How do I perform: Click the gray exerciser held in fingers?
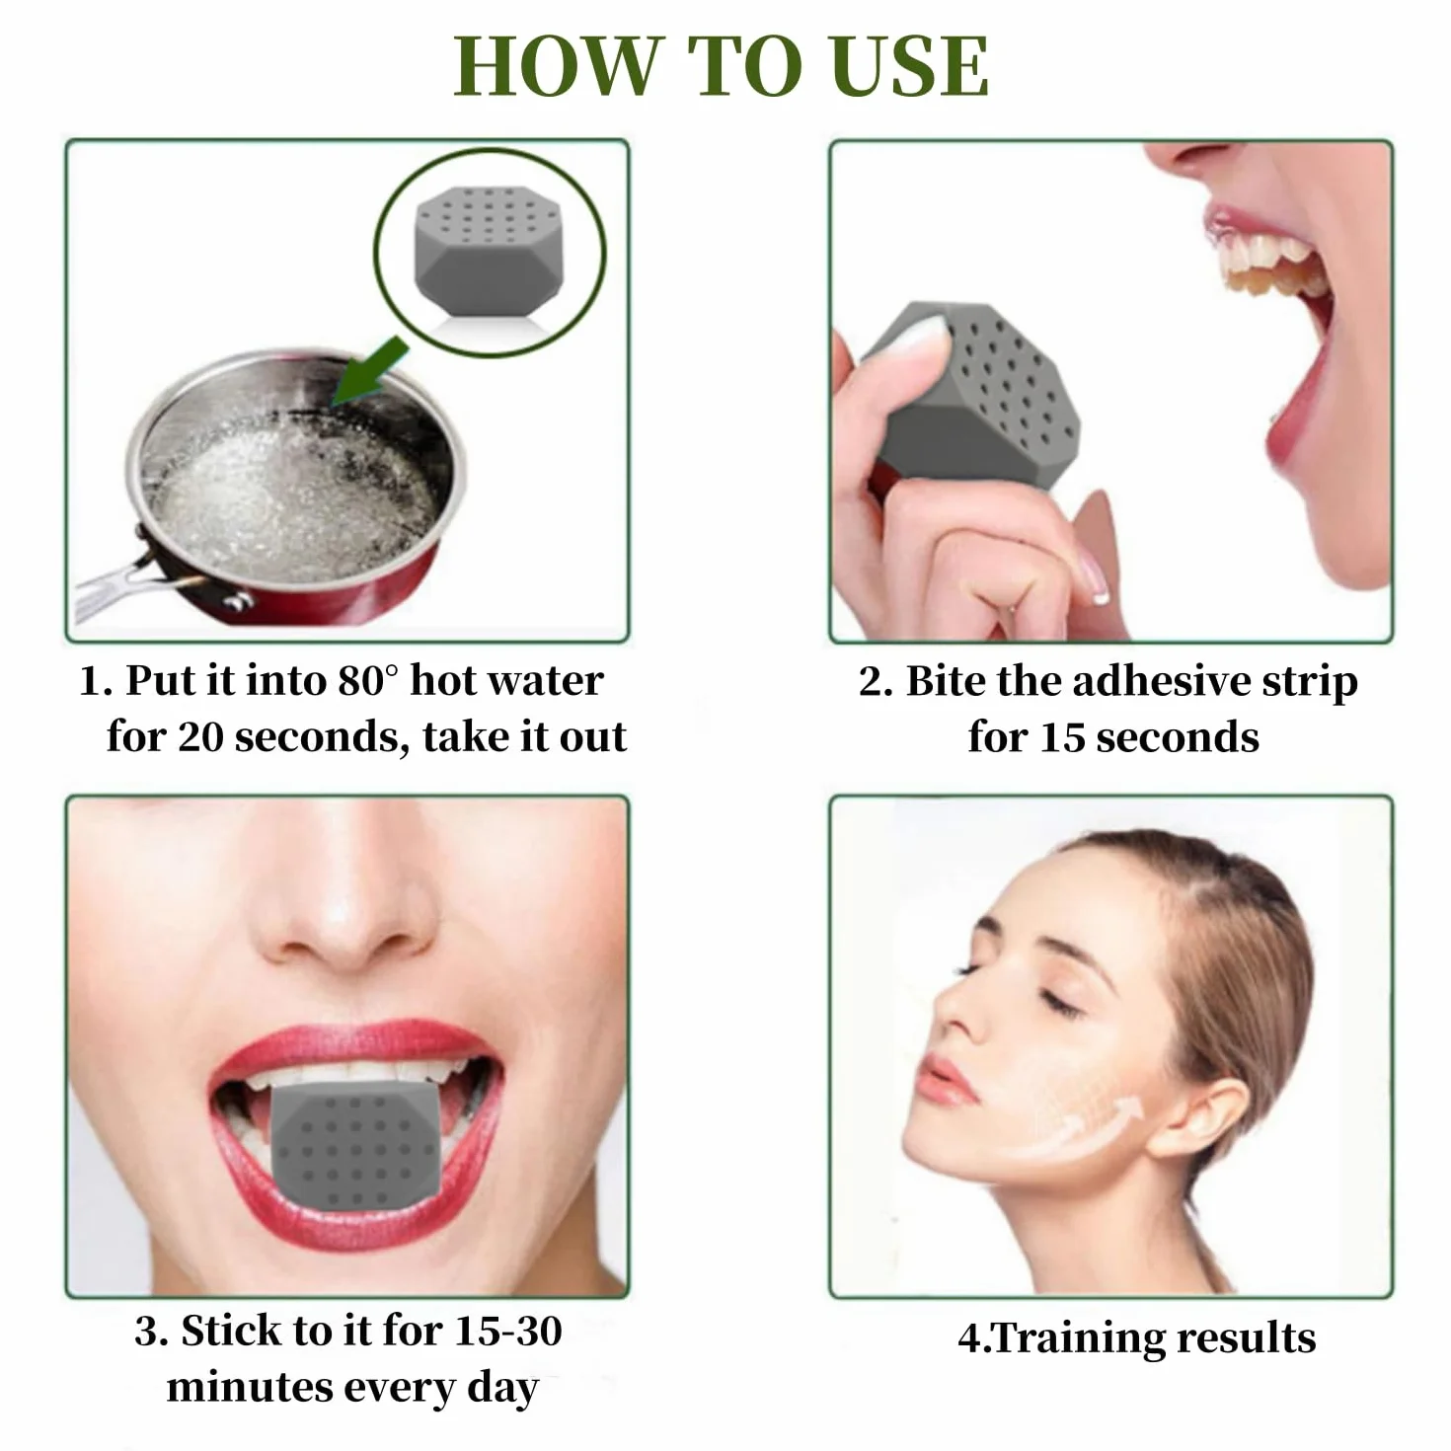(971, 392)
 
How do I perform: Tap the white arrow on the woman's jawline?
(1084, 1129)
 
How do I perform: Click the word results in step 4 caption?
(1247, 1338)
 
